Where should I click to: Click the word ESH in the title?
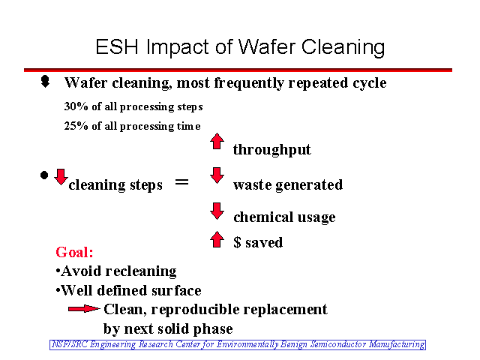click(117, 46)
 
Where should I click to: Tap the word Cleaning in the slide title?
click(343, 48)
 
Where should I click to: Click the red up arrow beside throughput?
click(217, 141)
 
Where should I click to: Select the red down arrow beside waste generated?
click(217, 175)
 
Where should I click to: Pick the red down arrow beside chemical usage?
click(217, 211)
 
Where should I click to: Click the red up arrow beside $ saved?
click(217, 239)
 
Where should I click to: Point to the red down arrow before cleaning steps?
click(61, 177)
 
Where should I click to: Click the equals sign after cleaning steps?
click(181, 182)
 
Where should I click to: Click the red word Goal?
click(74, 252)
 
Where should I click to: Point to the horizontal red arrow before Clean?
click(84, 309)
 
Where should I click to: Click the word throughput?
click(271, 150)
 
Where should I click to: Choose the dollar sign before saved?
click(237, 242)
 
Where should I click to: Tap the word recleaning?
click(141, 271)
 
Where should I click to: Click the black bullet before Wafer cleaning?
click(45, 82)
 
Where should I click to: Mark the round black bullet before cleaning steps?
click(44, 175)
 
